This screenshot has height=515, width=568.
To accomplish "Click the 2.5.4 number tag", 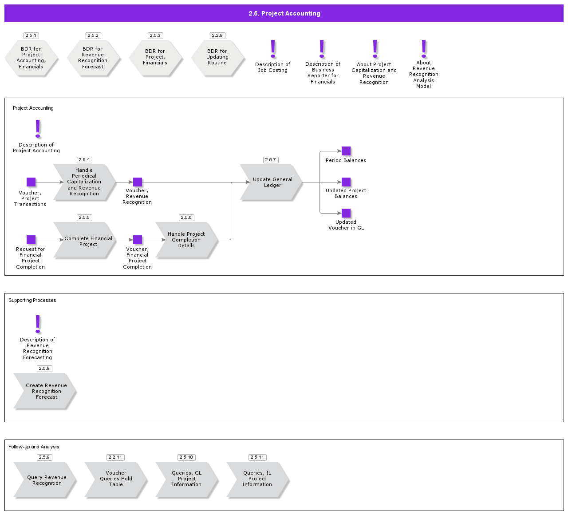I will [x=84, y=160].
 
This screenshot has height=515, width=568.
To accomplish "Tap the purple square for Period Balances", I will [x=346, y=151].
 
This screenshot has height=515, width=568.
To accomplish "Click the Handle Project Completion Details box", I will [x=186, y=240].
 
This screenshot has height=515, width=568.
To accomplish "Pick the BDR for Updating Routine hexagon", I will [x=217, y=57].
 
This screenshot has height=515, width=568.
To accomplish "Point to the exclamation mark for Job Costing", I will [x=273, y=49].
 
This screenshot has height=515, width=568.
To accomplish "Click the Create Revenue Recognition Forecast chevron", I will [x=45, y=391].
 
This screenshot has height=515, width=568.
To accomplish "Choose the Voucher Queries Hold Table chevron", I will [x=116, y=479].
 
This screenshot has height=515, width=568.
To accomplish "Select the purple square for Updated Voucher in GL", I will [x=346, y=213].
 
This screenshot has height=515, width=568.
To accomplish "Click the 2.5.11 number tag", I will [x=257, y=457].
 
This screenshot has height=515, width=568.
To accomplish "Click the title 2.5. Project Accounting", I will [x=284, y=13].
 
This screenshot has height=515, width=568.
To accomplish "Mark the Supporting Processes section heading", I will [x=32, y=301].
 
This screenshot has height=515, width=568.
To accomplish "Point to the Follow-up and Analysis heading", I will [x=34, y=447].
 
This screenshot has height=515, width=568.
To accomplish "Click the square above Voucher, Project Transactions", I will [x=31, y=182].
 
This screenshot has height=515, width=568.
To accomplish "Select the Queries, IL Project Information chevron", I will [x=257, y=479].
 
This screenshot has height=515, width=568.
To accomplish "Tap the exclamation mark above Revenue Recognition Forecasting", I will [x=38, y=324].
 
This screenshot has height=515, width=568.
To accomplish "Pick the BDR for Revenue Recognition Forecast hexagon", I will [x=93, y=58].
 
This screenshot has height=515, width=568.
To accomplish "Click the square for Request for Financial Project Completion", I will [x=31, y=240].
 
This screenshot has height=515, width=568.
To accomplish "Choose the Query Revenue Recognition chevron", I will [x=45, y=480].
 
